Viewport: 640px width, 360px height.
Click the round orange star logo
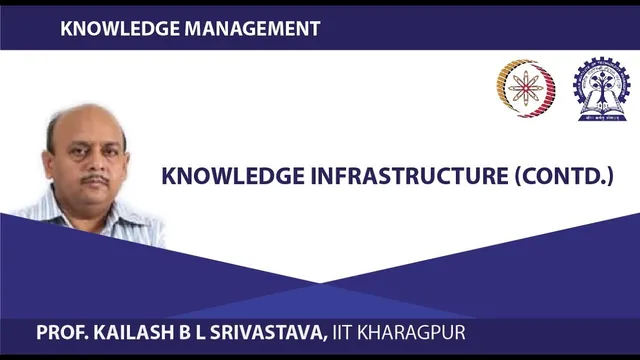click(523, 89)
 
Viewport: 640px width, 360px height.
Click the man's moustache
click(95, 180)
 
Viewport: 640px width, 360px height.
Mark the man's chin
click(98, 203)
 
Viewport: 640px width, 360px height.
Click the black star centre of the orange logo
click(523, 89)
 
